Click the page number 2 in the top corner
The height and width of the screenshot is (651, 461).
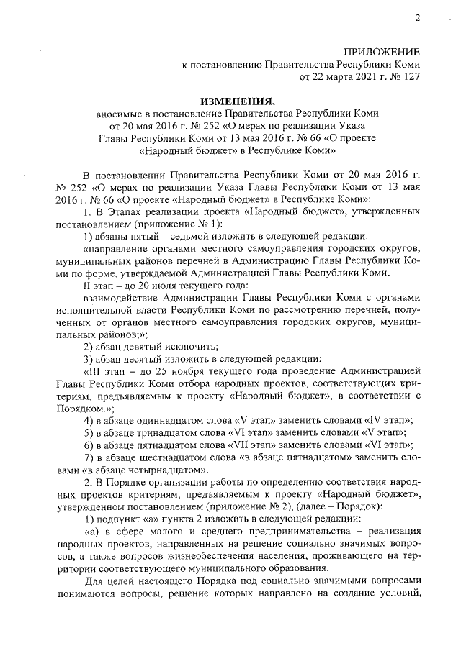417,18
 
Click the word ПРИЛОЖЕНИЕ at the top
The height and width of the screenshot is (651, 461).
381,52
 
